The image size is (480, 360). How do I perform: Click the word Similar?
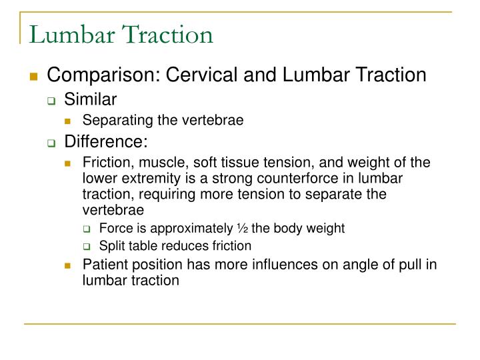(x=91, y=99)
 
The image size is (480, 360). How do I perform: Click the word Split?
(x=111, y=246)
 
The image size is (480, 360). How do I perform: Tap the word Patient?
(x=103, y=265)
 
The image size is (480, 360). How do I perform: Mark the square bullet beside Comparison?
(x=32, y=75)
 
